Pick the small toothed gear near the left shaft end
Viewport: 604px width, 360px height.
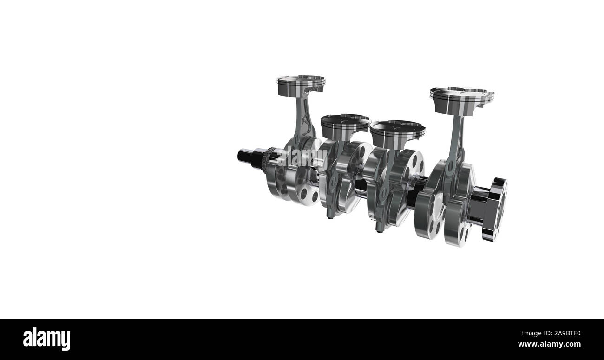click(265, 160)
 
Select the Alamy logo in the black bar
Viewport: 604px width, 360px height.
click(46, 339)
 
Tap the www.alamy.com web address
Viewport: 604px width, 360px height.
click(549, 344)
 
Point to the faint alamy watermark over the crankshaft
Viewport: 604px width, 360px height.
click(306, 156)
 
